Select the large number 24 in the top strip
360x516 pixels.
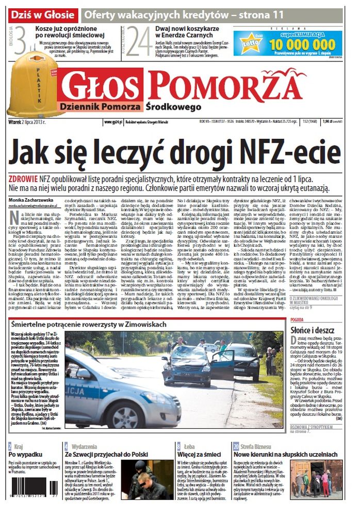click(139, 41)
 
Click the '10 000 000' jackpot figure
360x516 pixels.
click(304, 44)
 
